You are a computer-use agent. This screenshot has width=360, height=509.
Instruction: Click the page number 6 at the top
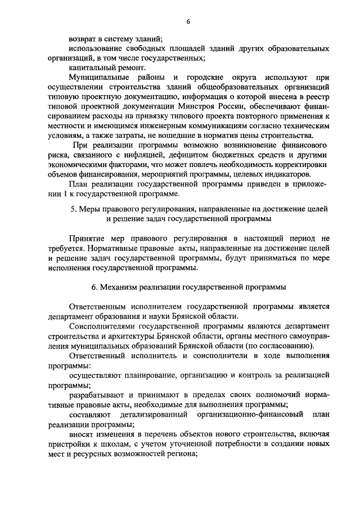pos(188,21)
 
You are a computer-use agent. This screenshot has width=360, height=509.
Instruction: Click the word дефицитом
pos(203,155)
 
